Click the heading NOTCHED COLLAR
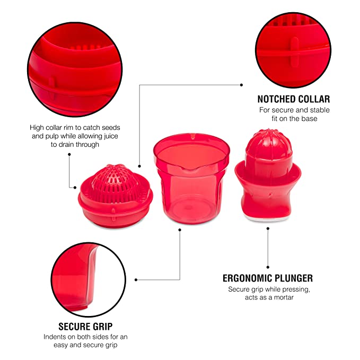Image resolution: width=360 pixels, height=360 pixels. click(294, 99)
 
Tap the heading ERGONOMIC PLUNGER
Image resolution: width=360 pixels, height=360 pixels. click(268, 278)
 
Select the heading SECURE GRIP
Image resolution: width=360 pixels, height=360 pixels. click(85, 327)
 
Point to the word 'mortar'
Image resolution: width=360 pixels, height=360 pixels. click(284, 297)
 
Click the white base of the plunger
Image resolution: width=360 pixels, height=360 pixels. click(268, 218)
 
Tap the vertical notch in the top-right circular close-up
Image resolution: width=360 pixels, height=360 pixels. click(294, 51)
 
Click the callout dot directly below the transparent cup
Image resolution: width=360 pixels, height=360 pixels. click(180, 230)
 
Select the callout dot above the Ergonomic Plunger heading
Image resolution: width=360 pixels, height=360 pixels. click(268, 267)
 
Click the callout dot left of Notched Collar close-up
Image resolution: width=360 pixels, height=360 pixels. click(241, 85)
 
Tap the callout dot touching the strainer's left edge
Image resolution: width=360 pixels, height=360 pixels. click(75, 188)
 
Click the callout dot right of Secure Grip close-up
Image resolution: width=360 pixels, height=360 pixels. click(136, 279)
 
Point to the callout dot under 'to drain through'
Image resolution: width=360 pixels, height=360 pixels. click(69, 154)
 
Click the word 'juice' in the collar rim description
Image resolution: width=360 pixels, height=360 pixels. click(111, 136)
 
